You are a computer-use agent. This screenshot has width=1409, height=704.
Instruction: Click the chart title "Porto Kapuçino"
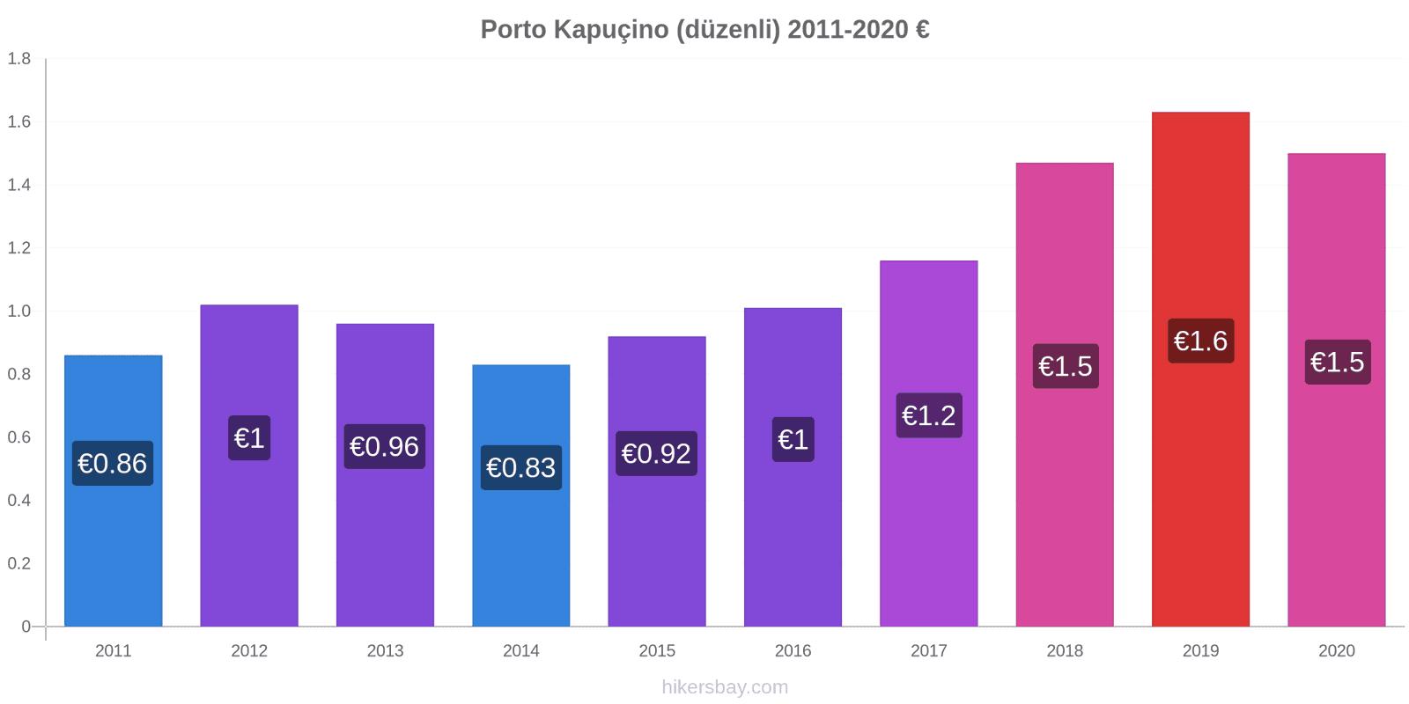point(704,30)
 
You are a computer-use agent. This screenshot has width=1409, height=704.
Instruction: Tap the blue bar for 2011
point(114,546)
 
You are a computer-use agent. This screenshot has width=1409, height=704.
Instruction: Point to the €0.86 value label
point(113,464)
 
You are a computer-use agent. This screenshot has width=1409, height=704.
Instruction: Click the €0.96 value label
point(384,447)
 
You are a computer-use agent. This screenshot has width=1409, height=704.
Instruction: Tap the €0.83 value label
point(520,468)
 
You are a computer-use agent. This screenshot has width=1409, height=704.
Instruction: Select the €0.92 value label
point(656,454)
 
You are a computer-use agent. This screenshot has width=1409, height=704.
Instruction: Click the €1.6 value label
point(1200,341)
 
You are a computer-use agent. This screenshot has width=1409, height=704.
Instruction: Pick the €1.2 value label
point(928,415)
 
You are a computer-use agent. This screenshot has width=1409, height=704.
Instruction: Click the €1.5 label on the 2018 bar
point(1065,366)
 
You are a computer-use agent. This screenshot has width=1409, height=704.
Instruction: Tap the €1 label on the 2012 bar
point(249,438)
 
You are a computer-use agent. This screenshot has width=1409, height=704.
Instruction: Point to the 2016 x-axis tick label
point(793,651)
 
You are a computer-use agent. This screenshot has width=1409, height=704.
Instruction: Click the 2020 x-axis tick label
point(1336,651)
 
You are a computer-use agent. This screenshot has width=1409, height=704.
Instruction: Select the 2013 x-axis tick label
point(385,651)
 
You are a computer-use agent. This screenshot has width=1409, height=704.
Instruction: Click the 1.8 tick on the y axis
point(19,59)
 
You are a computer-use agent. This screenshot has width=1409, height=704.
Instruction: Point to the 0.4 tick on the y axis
point(19,501)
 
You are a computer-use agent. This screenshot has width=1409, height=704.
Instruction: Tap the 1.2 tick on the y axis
point(19,248)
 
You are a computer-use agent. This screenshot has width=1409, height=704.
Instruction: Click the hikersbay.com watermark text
point(725,687)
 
